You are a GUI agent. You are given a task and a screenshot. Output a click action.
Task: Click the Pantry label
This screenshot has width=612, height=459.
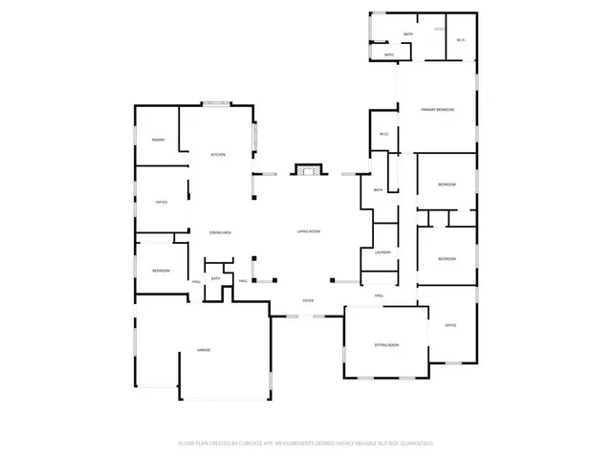point(159,141)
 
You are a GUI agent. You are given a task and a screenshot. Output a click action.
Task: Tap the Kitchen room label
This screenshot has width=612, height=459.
point(218,155)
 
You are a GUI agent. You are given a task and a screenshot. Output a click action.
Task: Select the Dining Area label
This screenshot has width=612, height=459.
point(221,232)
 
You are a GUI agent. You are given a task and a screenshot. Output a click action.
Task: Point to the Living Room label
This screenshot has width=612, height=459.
point(308,231)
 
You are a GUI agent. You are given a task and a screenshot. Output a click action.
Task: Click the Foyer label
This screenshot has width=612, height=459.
point(308,300)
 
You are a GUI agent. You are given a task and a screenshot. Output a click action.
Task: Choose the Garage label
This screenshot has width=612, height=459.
point(204,351)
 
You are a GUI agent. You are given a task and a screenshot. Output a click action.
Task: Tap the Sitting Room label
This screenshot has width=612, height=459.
point(386,344)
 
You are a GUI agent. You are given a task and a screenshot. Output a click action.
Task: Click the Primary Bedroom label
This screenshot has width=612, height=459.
point(437,110)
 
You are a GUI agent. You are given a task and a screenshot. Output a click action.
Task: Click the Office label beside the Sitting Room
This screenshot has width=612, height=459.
point(450,325)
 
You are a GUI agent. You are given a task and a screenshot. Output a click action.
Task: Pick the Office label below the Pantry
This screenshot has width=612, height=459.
point(162,203)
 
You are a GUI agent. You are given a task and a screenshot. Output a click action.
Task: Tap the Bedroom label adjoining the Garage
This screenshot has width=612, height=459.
point(161,271)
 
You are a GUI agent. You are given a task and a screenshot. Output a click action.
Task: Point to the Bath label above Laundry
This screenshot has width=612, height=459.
point(379,190)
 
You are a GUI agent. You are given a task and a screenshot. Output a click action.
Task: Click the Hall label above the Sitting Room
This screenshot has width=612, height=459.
point(380,295)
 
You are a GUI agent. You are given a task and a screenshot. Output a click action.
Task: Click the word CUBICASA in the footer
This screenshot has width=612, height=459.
point(251,444)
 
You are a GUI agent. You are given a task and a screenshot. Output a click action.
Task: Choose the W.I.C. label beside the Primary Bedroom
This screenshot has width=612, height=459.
point(382,134)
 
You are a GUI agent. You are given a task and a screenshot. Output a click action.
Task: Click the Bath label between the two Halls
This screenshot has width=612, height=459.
point(216,278)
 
